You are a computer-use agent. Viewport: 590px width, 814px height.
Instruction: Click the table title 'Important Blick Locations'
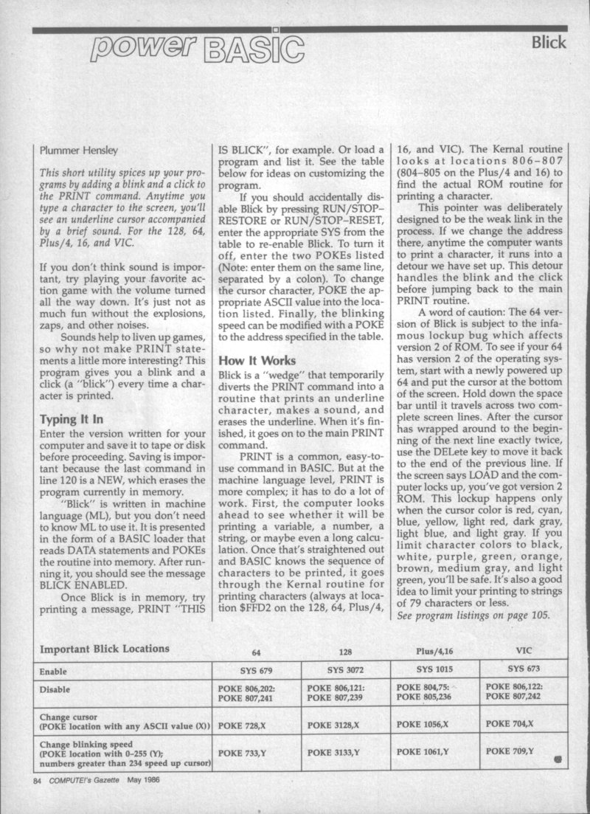[x=104, y=649]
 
